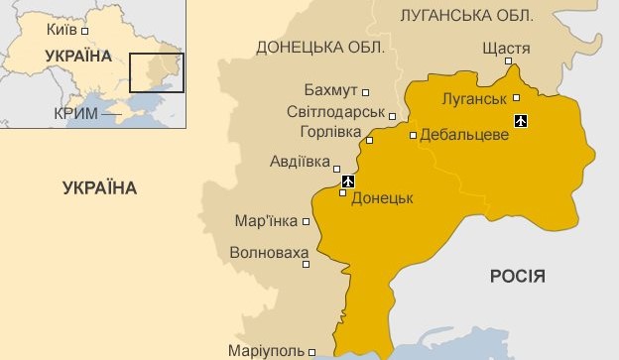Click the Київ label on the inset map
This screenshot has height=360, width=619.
point(62,30)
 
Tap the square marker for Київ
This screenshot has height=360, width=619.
point(85,31)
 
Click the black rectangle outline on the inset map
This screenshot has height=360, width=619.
point(157,72)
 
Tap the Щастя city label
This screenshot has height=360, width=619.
point(505,48)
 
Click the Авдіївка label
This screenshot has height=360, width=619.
point(300,161)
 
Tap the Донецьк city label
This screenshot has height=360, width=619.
point(382,197)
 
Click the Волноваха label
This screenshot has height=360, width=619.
point(263,253)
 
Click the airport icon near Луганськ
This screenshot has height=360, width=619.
point(522,121)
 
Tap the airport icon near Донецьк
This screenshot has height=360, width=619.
point(347,181)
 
